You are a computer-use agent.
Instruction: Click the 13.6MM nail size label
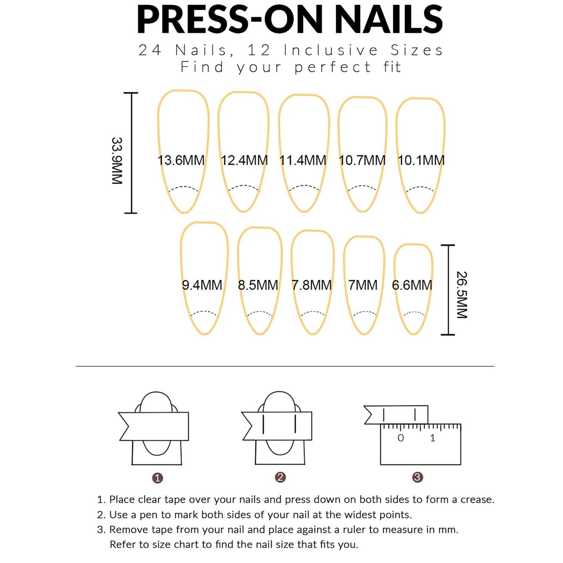pyautogui.click(x=181, y=160)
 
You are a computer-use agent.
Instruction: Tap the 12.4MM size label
pyautogui.click(x=244, y=160)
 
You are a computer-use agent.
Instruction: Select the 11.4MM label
pyautogui.click(x=303, y=160)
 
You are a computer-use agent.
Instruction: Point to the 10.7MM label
pyautogui.click(x=362, y=160)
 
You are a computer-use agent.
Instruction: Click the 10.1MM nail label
pyautogui.click(x=421, y=160)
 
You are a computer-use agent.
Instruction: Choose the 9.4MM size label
pyautogui.click(x=202, y=285)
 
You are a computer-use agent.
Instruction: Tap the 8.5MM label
pyautogui.click(x=258, y=285)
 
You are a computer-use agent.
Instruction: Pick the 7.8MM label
pyautogui.click(x=311, y=285)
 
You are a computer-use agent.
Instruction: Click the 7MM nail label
pyautogui.click(x=363, y=285)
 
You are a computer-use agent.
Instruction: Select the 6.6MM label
pyautogui.click(x=412, y=285)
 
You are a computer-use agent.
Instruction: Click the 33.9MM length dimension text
pyautogui.click(x=117, y=160)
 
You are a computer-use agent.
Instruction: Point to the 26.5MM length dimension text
pyautogui.click(x=461, y=295)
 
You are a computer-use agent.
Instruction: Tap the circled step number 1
pyautogui.click(x=158, y=478)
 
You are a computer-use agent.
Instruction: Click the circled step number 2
pyautogui.click(x=280, y=477)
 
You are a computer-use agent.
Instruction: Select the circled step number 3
pyautogui.click(x=418, y=477)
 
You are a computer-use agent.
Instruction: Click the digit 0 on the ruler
pyautogui.click(x=401, y=438)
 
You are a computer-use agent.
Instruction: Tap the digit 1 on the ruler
pyautogui.click(x=433, y=438)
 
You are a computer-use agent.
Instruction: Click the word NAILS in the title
pyautogui.click(x=389, y=19)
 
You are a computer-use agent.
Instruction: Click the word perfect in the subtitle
pyautogui.click(x=333, y=67)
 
